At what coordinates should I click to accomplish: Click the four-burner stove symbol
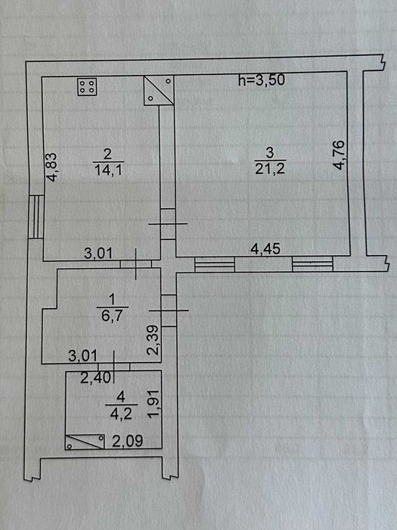tap(87, 87)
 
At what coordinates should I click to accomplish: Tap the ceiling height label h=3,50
tap(262, 80)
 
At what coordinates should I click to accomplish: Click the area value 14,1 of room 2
tap(107, 170)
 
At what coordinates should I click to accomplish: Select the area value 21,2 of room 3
tap(270, 168)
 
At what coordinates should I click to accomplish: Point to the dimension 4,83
tap(52, 167)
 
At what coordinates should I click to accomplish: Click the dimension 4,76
tap(338, 154)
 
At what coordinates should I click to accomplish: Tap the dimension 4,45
tap(265, 249)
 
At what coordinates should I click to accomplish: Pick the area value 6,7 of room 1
tap(111, 316)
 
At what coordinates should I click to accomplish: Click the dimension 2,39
tap(153, 340)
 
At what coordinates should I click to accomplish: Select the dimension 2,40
tap(95, 378)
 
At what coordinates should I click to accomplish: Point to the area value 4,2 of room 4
tap(121, 413)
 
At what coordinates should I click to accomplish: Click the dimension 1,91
tap(154, 404)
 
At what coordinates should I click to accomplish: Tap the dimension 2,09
tap(127, 441)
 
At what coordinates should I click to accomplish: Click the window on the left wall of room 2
tap(36, 217)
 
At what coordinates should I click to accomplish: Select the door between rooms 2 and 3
tap(168, 224)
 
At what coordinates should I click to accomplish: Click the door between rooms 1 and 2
tap(136, 264)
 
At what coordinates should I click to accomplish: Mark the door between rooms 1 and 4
tap(113, 366)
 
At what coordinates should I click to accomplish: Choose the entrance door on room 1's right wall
tap(169, 310)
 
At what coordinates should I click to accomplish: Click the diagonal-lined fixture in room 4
tap(85, 441)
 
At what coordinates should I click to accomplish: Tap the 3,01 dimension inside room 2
tap(98, 253)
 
